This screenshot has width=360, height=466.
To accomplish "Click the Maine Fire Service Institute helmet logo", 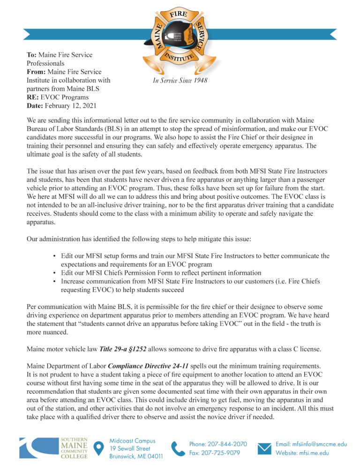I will click(180, 37).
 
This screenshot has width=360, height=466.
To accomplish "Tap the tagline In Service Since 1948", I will click(180, 81).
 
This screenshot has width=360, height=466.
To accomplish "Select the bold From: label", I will click(36, 72).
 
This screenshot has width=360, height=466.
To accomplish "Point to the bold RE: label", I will click(33, 98).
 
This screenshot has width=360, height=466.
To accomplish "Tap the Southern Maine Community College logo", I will click(53, 448).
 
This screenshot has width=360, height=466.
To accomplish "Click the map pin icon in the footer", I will click(99, 448).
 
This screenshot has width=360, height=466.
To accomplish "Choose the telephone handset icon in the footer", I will click(178, 448).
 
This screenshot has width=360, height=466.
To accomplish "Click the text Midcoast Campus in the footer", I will click(133, 441).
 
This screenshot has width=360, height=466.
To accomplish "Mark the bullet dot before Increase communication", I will click(55, 282).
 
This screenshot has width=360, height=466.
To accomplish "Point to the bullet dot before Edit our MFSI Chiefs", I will click(55, 273).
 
